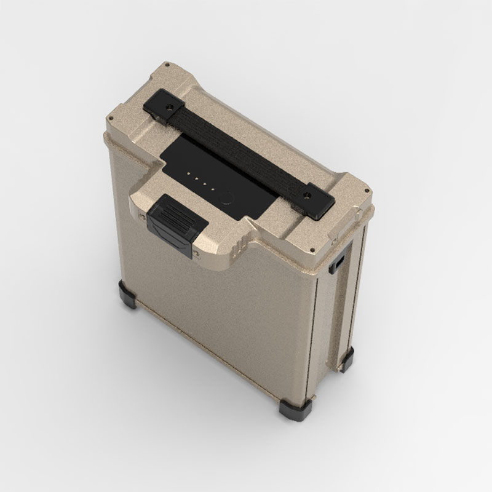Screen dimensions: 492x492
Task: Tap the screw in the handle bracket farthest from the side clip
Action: tap(169, 107)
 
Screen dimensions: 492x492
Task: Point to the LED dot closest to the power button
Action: tap(212, 189)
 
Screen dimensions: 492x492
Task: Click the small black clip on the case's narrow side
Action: tap(339, 263)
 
